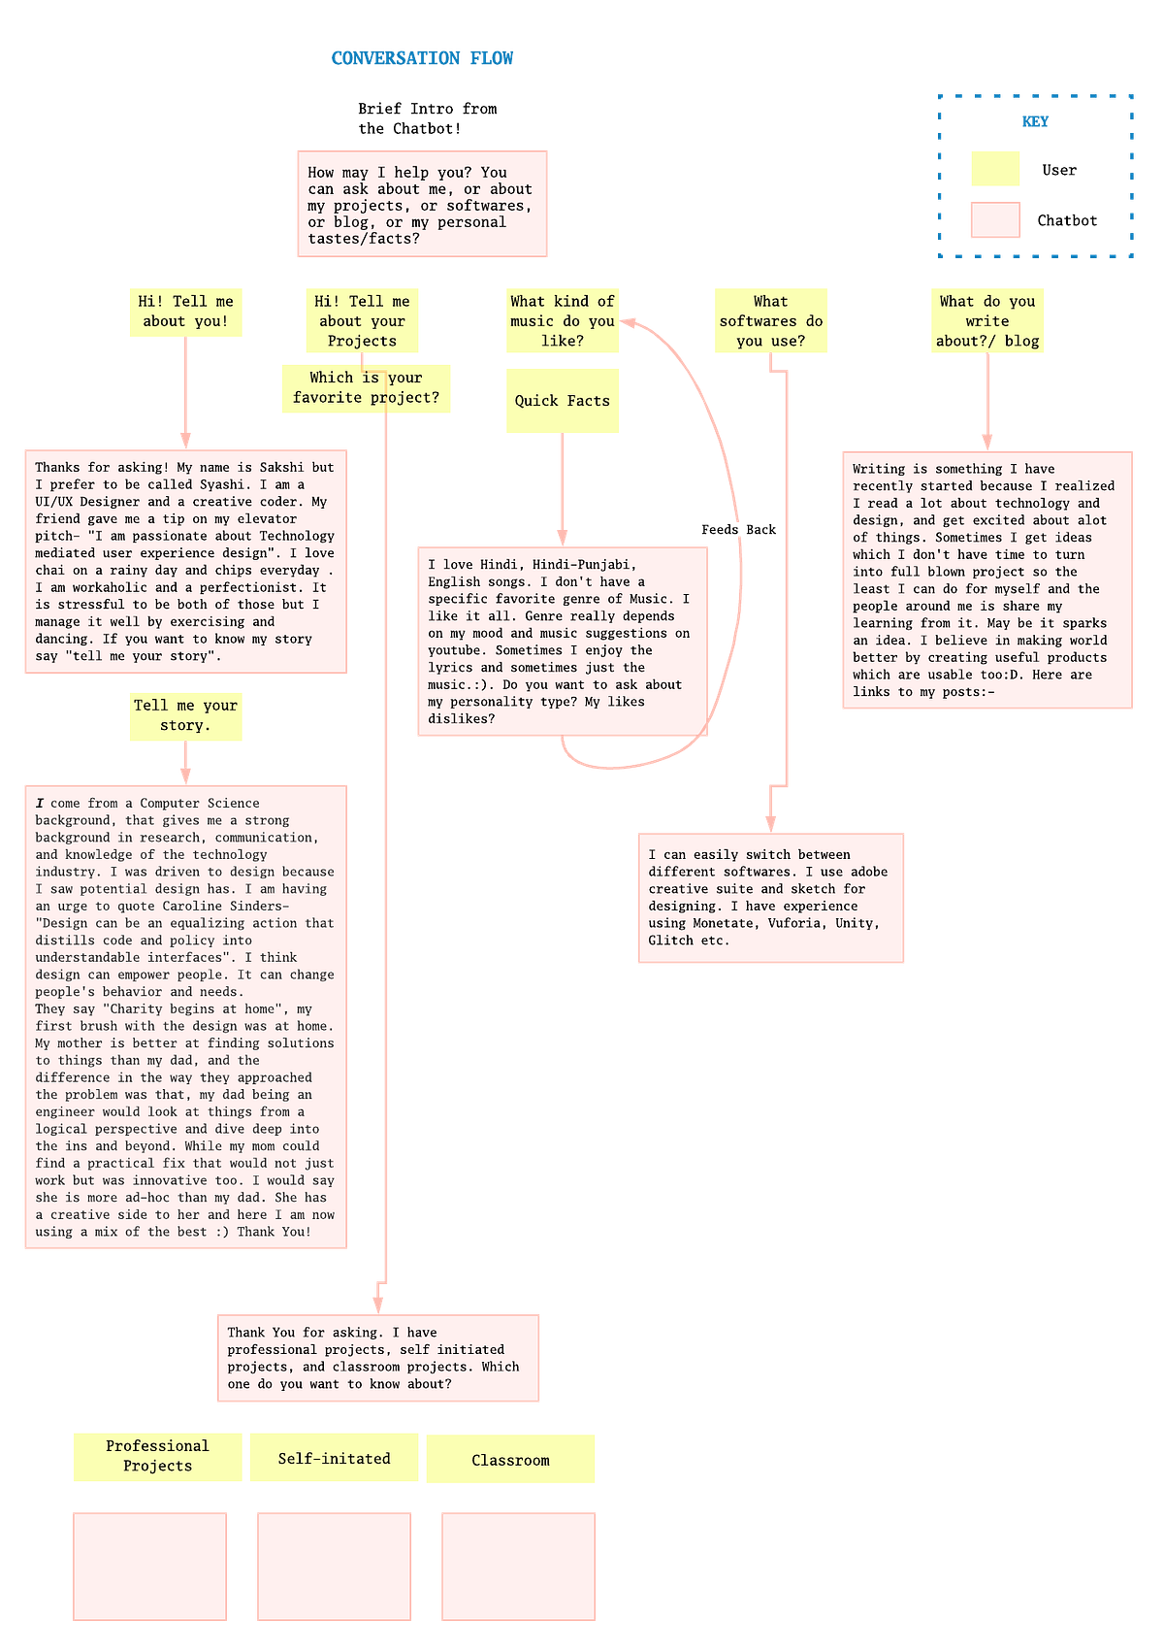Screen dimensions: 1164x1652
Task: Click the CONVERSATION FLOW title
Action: coord(422,58)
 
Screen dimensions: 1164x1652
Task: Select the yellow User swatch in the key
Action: coord(994,169)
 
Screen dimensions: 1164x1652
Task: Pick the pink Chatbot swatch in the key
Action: coord(994,219)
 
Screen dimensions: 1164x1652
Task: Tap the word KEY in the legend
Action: coord(1034,121)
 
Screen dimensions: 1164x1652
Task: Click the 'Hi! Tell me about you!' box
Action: coord(185,313)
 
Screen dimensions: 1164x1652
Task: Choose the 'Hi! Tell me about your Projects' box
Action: coord(362,321)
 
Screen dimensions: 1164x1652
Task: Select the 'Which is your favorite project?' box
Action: coord(366,388)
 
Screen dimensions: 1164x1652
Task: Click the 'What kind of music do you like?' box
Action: coord(562,321)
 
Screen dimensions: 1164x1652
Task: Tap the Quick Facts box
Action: coord(562,401)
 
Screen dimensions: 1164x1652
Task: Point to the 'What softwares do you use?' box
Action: coord(770,321)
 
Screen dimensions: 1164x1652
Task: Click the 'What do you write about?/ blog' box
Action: coord(987,321)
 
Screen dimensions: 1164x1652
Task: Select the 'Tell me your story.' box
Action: coord(185,716)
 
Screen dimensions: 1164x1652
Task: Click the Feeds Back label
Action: coord(738,530)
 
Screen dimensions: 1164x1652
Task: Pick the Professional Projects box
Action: coord(157,1457)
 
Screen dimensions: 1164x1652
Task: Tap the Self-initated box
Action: coord(334,1458)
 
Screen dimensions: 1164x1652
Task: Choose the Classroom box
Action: coord(510,1459)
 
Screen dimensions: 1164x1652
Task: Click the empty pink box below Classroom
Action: coord(518,1566)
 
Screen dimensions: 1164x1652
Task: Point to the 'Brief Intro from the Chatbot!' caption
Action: coord(428,118)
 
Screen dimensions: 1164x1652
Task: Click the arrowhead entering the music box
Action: coord(628,322)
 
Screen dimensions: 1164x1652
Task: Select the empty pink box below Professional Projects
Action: coord(149,1566)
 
